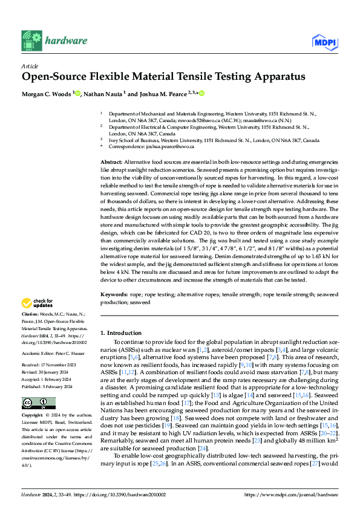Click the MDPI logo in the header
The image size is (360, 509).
324,41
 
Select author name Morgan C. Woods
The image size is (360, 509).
47,94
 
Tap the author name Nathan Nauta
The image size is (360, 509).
103,94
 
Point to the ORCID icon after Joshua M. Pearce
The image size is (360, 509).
201,94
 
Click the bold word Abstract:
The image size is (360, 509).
111,163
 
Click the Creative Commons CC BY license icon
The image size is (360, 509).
34,386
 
